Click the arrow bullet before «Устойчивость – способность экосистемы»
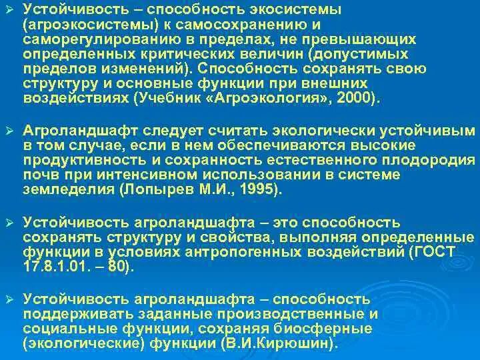(x=8, y=9)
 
